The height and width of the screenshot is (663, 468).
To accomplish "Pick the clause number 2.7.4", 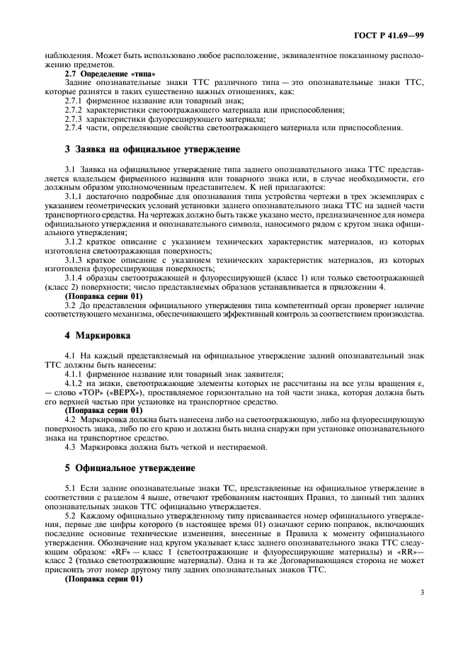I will (x=74, y=127).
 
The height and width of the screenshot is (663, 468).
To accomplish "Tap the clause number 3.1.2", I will (x=74, y=242).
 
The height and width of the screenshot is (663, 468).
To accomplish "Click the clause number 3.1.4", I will (x=74, y=276).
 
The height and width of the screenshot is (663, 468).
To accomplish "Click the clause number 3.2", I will (x=70, y=305).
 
